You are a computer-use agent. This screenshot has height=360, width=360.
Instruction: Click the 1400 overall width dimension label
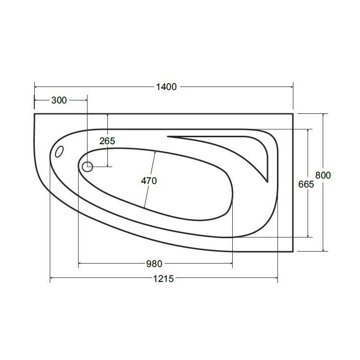(167, 87)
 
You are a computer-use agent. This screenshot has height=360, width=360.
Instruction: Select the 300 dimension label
(59, 100)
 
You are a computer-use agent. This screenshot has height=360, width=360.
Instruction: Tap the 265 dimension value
(107, 141)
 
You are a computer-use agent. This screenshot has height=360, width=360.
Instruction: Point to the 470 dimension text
(149, 181)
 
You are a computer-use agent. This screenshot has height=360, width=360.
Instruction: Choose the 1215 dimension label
(164, 279)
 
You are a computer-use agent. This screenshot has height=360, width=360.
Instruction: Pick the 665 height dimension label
(307, 184)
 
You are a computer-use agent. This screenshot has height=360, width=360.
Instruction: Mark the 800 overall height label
(323, 176)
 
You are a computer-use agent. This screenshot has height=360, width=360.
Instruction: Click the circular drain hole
(88, 167)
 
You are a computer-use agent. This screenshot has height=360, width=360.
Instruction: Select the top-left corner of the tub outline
(34, 114)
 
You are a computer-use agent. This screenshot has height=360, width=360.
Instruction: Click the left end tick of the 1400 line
(34, 87)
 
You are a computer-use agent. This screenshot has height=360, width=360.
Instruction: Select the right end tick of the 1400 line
(293, 87)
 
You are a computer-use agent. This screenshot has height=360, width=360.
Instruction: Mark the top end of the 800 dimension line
(324, 114)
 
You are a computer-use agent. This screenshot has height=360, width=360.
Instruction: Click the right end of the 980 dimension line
(232, 264)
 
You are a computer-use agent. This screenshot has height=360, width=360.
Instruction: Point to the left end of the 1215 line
(50, 279)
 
